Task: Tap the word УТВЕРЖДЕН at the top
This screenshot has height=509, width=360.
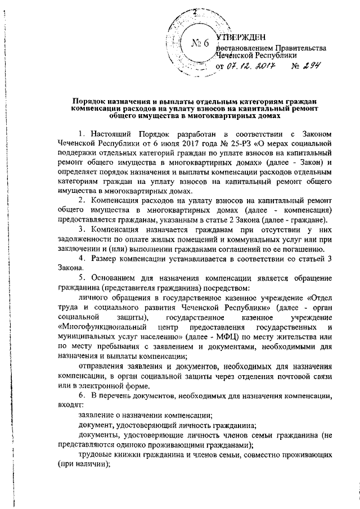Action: pyautogui.click(x=242, y=37)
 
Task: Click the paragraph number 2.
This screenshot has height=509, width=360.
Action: pyautogui.click(x=83, y=201)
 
